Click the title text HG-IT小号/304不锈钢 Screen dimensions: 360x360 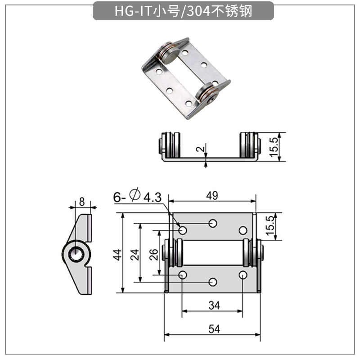(183, 10)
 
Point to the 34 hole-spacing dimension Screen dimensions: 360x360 (214, 306)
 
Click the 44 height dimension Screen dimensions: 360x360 (117, 255)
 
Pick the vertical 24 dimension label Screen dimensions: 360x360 (134, 255)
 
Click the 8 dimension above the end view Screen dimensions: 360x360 (81, 202)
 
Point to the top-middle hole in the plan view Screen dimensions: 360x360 (213, 223)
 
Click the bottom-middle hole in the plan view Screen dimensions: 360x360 (213, 282)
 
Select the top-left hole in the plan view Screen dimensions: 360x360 (183, 230)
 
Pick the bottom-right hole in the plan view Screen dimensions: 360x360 (243, 275)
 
